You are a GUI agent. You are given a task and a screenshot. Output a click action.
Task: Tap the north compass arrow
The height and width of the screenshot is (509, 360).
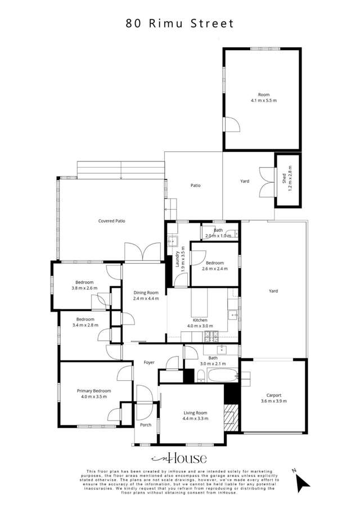pyautogui.click(x=303, y=481)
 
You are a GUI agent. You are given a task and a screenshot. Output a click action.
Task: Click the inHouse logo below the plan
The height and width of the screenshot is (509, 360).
pyautogui.click(x=179, y=459)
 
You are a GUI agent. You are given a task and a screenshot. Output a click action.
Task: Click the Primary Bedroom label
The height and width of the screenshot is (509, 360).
pyautogui.click(x=94, y=391)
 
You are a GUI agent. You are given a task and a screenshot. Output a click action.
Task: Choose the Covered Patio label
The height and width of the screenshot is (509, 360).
pyautogui.click(x=111, y=221)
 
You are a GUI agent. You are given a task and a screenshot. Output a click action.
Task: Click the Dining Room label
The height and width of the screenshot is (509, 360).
pyautogui.click(x=146, y=292)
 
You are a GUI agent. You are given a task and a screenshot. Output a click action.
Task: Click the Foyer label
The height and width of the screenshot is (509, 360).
pyautogui.click(x=149, y=362)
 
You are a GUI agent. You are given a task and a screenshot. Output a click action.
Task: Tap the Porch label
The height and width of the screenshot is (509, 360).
pyautogui.click(x=146, y=425)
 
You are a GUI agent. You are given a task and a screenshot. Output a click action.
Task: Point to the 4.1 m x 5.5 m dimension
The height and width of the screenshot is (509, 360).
pyautogui.click(x=264, y=100)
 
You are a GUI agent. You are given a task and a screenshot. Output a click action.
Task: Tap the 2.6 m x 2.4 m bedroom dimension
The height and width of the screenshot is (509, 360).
pyautogui.click(x=214, y=269)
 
